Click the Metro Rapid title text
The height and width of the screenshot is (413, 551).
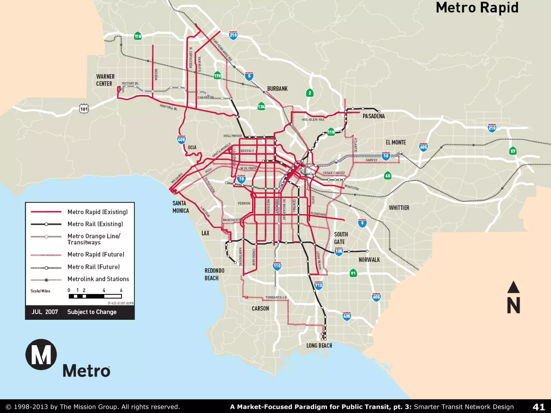click(x=477, y=8)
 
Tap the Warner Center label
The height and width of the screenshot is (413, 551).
click(x=105, y=80)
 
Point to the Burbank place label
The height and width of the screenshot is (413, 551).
click(x=277, y=89)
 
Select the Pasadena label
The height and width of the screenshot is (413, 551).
click(x=373, y=116)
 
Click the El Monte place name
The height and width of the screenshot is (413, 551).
click(x=395, y=142)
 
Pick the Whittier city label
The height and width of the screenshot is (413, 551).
click(x=399, y=208)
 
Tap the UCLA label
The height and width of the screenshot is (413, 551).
click(x=192, y=147)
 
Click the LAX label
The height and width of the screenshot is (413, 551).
click(x=205, y=233)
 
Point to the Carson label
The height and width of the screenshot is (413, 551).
click(x=260, y=308)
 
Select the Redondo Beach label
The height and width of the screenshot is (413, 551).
click(x=214, y=274)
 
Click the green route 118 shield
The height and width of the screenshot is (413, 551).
click(x=138, y=36)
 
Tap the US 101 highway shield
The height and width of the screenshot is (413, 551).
click(x=84, y=109)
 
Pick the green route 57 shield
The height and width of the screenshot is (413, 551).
click(x=513, y=151)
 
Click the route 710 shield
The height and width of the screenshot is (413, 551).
click(x=319, y=285)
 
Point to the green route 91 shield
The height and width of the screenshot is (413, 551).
click(x=353, y=273)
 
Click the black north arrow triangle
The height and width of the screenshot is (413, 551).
click(x=513, y=287)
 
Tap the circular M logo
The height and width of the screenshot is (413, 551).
click(x=41, y=354)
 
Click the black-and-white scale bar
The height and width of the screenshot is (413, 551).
click(x=95, y=296)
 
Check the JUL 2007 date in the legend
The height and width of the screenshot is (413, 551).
click(x=45, y=312)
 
